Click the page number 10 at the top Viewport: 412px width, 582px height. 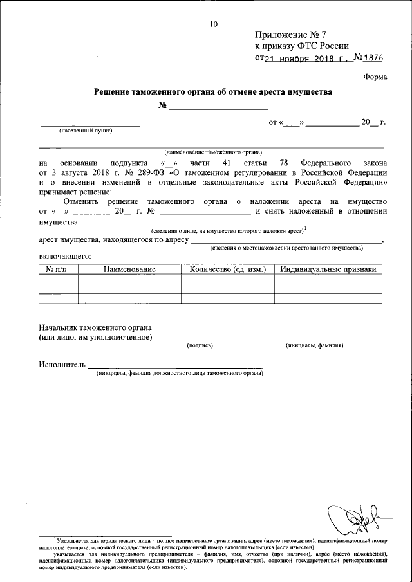pyautogui.click(x=214, y=24)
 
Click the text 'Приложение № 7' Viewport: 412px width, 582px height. pyautogui.click(x=288, y=34)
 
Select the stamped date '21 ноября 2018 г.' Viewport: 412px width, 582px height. pyautogui.click(x=308, y=57)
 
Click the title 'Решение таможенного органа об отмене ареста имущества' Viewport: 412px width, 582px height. pyautogui.click(x=213, y=92)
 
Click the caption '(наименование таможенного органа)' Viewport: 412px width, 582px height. pyautogui.click(x=212, y=152)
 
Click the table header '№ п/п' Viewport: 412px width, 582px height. pyautogui.click(x=58, y=269)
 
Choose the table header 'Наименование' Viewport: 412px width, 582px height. pyautogui.click(x=129, y=269)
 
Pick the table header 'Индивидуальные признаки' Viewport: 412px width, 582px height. pyautogui.click(x=328, y=269)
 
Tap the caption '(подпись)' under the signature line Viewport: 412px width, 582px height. pyautogui.click(x=200, y=345)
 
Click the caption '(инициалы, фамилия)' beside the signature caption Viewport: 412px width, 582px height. pyautogui.click(x=314, y=345)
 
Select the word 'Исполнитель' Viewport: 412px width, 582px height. pyautogui.click(x=62, y=365)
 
